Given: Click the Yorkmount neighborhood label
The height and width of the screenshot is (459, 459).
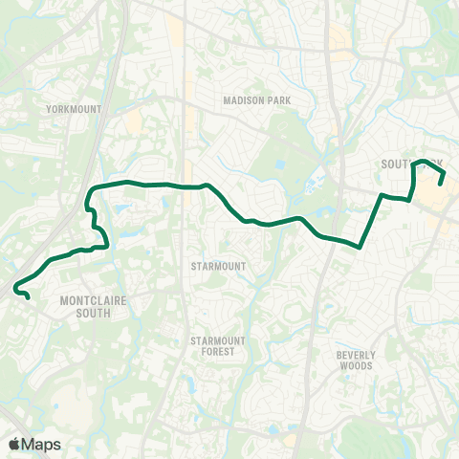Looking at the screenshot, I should [73, 110].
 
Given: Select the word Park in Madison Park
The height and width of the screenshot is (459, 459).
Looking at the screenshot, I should [279, 99].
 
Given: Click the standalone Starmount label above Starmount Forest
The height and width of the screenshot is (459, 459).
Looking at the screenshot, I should [217, 266].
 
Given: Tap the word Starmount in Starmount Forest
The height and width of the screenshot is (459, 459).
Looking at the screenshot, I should [217, 340].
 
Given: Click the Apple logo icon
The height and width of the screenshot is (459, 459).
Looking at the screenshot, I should [14, 444].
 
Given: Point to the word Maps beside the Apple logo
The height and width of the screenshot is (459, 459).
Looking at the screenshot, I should [41, 444].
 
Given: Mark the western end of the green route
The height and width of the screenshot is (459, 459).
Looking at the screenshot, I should [28, 297].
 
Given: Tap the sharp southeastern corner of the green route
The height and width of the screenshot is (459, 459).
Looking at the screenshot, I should [360, 246].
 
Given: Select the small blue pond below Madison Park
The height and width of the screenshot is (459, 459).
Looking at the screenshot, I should [279, 164].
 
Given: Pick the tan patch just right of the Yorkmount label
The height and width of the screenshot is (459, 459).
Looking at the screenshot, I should [133, 120].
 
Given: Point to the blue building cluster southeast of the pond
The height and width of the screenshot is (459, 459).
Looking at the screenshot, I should [313, 185].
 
